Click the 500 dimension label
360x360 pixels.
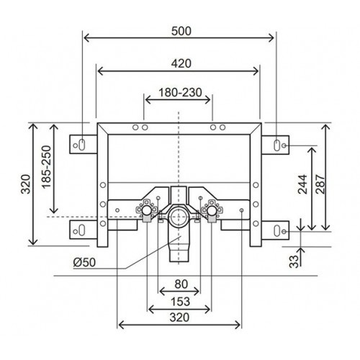(x=181, y=31)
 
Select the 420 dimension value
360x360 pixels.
(x=181, y=63)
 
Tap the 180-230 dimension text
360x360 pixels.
(x=180, y=92)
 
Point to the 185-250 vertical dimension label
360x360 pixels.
(x=47, y=167)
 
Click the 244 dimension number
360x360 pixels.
(x=302, y=184)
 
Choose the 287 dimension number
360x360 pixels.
(x=320, y=184)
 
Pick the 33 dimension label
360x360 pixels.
(x=294, y=261)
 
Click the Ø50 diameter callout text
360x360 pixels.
(x=84, y=262)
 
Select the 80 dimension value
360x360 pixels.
(x=181, y=284)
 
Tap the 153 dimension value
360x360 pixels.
(x=180, y=302)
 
